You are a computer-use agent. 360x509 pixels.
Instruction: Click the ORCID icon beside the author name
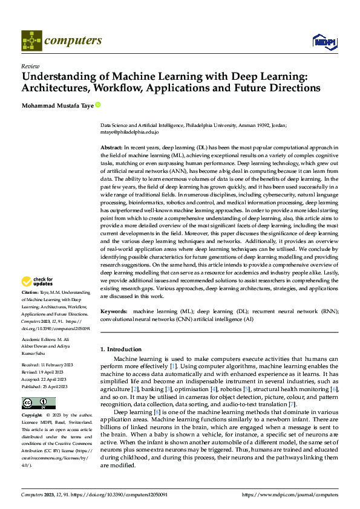point(98,105)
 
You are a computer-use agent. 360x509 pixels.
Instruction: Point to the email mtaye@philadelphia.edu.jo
point(129,131)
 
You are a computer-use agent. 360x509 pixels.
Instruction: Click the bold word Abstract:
point(111,148)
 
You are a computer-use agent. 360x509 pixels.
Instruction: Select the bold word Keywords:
point(113,311)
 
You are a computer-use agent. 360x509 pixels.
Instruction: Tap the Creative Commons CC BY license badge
point(38,403)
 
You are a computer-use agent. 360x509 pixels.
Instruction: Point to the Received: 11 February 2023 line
point(47,365)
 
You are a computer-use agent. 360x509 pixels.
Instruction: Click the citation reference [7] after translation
point(292,403)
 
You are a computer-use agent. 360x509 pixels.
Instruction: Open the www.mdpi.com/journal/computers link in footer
point(290,494)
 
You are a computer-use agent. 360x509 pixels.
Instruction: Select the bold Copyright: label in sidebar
point(33,415)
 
